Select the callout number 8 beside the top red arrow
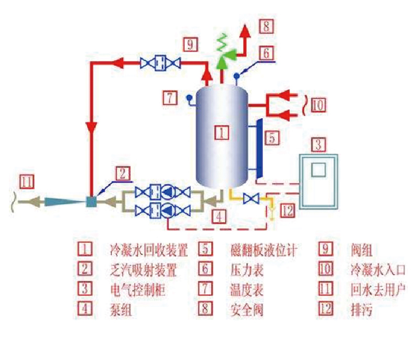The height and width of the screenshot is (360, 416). coord(267,25)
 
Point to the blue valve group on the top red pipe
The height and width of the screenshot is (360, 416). coord(161,63)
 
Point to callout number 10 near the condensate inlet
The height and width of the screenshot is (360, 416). coord(319,105)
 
